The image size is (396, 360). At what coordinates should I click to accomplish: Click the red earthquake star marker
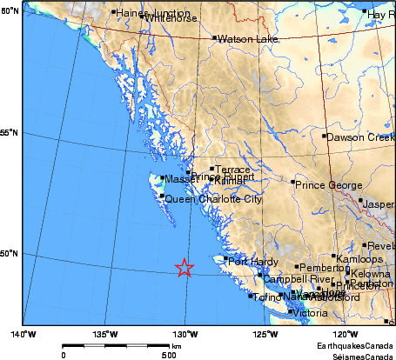click(184, 268)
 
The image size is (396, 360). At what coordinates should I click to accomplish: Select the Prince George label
click(327, 185)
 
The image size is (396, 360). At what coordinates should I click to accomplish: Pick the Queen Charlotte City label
click(213, 199)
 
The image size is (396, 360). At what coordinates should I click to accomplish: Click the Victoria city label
click(311, 312)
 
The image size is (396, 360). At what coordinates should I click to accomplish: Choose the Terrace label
click(232, 170)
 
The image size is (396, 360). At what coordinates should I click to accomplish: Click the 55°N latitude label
click(10, 132)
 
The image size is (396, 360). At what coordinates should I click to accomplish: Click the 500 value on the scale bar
click(167, 355)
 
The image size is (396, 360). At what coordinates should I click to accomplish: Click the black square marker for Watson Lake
click(214, 38)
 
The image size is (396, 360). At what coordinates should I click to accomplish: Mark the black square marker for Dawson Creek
click(324, 137)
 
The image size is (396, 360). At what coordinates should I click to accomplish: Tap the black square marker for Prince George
click(292, 182)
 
